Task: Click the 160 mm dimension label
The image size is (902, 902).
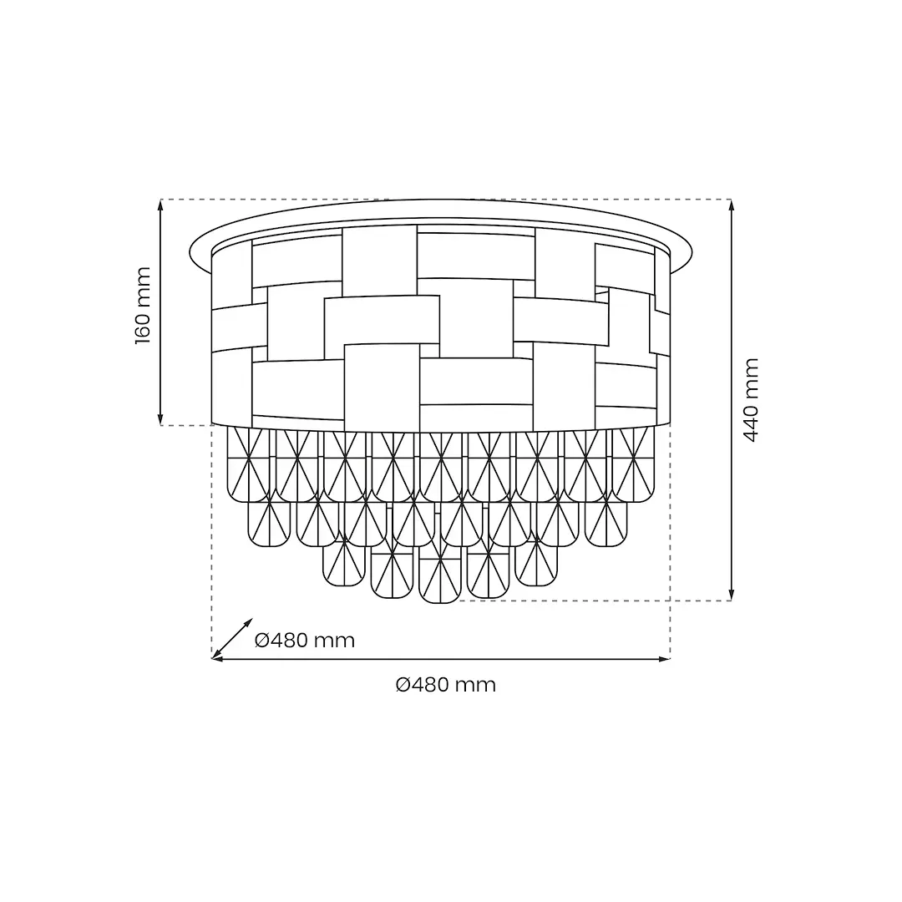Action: tap(143, 306)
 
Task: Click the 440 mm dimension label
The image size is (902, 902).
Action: tap(751, 400)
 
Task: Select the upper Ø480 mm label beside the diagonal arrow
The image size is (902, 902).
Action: tap(304, 641)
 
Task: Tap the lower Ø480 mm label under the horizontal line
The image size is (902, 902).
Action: tap(446, 685)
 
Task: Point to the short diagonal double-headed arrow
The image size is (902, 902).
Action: tap(232, 639)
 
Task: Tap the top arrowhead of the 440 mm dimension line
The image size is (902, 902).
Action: tap(731, 205)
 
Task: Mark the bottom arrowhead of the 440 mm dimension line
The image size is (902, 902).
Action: tap(731, 595)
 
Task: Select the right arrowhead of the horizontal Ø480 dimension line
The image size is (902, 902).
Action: tap(665, 659)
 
